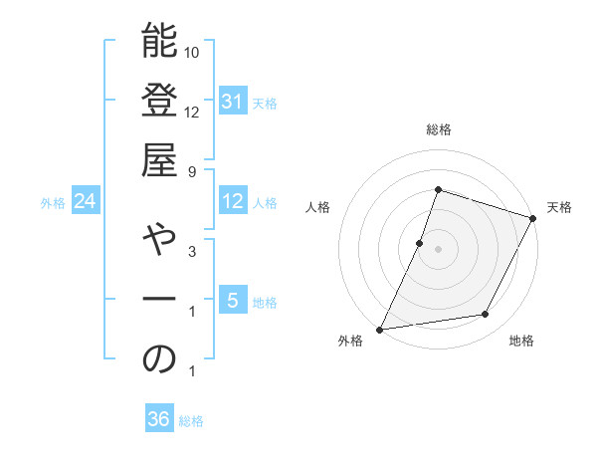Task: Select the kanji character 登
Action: (159, 104)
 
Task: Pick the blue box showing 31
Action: (233, 102)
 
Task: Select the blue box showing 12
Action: (233, 201)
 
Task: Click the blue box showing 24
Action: (86, 201)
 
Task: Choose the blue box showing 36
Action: (159, 419)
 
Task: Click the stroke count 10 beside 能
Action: (193, 52)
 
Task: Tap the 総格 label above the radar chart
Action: (439, 130)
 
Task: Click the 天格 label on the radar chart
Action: (559, 207)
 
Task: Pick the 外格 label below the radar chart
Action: (351, 342)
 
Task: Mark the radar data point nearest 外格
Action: (380, 329)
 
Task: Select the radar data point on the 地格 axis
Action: (486, 315)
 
